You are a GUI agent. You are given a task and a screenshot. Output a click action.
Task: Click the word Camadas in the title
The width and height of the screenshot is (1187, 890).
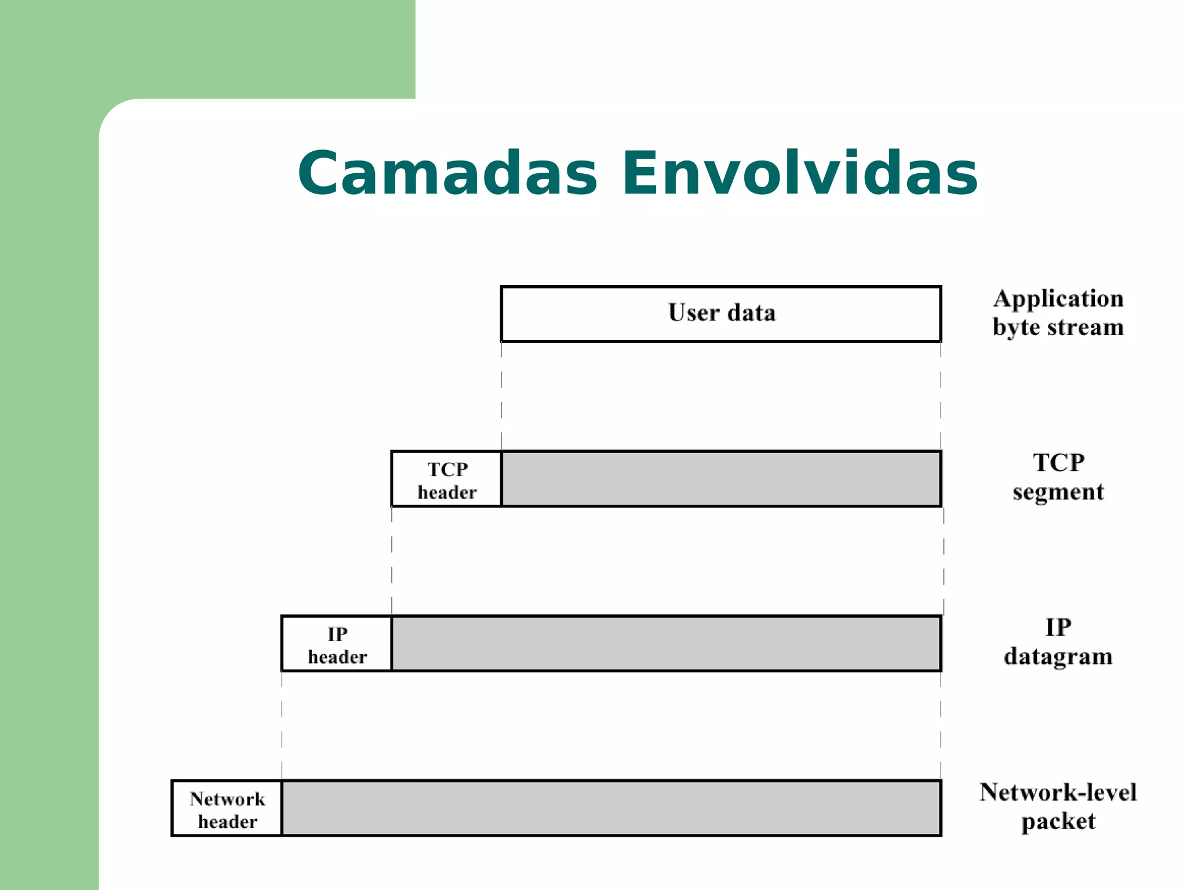click(447, 174)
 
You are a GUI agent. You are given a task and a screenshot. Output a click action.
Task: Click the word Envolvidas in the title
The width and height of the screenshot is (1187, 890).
click(799, 174)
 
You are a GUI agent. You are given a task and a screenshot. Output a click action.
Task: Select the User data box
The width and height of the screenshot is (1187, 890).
click(720, 313)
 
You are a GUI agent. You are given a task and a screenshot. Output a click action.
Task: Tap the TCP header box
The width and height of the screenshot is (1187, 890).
click(446, 479)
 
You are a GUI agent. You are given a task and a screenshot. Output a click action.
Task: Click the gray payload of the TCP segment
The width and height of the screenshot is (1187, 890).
click(720, 479)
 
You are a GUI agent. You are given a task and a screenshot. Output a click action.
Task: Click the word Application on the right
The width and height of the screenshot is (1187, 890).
click(1058, 299)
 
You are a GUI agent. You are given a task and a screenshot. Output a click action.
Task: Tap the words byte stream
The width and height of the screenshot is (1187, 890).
click(1058, 327)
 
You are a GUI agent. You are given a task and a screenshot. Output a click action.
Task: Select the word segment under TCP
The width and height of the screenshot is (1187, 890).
click(1058, 493)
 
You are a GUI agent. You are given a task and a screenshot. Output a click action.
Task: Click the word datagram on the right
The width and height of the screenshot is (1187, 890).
click(1058, 657)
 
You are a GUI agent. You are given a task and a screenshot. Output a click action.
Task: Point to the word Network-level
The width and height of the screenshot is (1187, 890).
click(1058, 793)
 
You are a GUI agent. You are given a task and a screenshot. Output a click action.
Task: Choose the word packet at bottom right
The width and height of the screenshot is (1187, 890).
click(1058, 822)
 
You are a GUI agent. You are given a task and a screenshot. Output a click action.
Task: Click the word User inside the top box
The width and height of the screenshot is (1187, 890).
click(694, 313)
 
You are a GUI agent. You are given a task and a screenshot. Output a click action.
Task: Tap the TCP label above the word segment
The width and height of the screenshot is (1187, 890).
click(1058, 463)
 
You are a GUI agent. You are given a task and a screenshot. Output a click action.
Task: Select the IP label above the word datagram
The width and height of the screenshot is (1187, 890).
click(1058, 628)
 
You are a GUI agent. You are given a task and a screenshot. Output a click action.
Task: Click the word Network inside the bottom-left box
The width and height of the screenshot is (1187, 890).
click(227, 800)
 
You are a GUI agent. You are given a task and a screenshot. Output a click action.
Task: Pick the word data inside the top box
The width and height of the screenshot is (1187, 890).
click(751, 313)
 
